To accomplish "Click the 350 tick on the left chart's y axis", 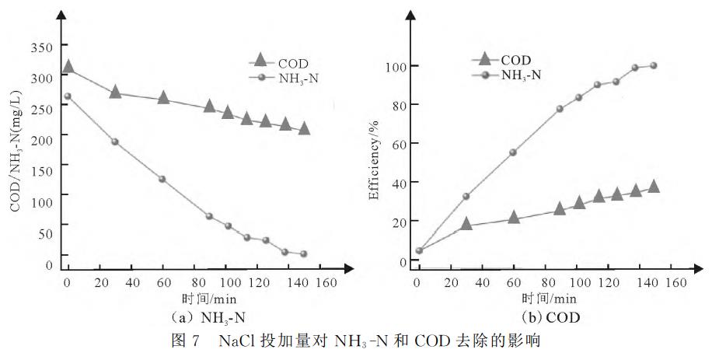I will point(42,47).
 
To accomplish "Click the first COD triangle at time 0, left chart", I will point(68,68).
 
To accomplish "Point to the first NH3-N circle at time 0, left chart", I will point(68,96).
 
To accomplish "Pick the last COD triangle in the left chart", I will point(304,128).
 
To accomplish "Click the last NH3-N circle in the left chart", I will point(304,253).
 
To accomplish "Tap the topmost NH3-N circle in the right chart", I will point(654,65).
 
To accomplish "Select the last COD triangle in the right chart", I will point(654,187).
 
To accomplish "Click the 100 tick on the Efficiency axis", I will point(396,66).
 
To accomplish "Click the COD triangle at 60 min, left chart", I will point(163,97).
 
